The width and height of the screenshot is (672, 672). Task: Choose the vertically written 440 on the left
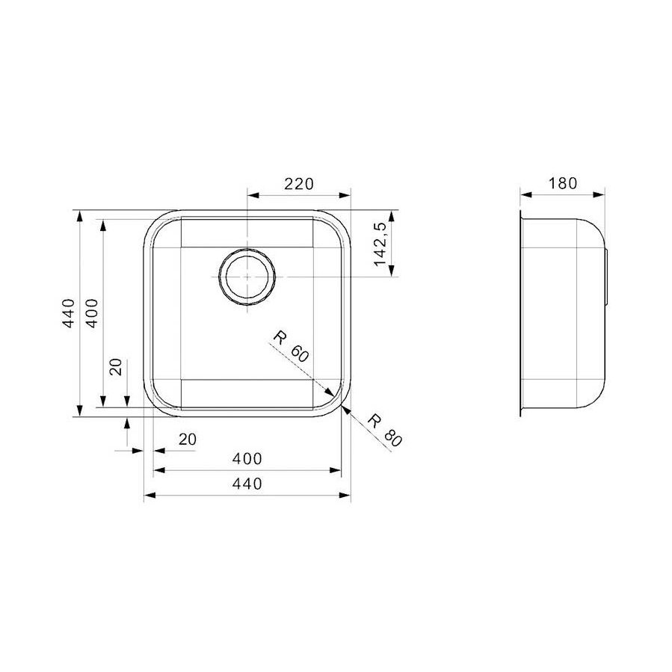click(x=68, y=314)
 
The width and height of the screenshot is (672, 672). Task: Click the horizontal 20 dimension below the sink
click(x=187, y=440)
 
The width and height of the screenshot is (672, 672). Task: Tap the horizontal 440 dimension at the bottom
click(x=247, y=484)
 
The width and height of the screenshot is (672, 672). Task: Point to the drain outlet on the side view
click(x=610, y=277)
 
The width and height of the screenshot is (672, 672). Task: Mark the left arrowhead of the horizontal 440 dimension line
click(x=148, y=495)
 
